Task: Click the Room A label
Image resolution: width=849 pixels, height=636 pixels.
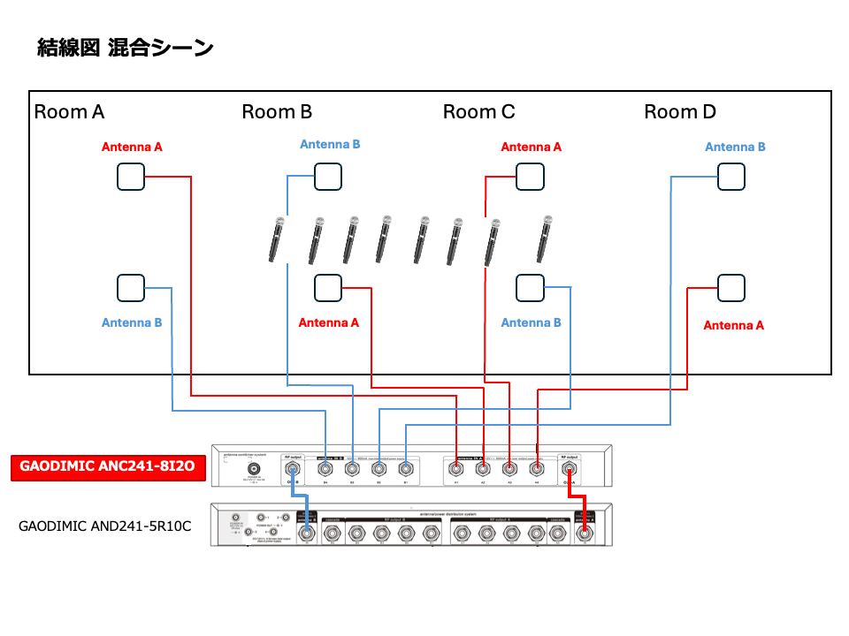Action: point(69,112)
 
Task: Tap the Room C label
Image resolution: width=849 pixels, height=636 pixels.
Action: point(478,112)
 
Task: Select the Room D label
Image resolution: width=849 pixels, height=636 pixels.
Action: point(679,112)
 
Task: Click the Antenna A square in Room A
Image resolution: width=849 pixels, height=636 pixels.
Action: point(131,177)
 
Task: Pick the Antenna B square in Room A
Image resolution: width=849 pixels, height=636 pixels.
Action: point(131,288)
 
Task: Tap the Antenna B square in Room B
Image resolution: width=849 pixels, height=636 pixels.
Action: point(328,177)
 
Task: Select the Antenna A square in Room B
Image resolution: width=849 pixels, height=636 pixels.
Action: point(328,288)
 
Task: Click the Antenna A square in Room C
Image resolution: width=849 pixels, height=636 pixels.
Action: point(530,177)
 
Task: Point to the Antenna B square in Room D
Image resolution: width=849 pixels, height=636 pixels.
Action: point(730,177)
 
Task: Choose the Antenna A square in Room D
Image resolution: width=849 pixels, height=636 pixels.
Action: point(730,288)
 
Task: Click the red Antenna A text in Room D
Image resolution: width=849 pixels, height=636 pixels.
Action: point(733,326)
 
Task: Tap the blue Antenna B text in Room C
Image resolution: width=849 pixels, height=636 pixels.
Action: point(531,323)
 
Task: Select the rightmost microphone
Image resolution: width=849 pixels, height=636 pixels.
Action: point(546,238)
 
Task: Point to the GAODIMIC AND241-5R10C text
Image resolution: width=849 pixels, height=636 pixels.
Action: point(105,526)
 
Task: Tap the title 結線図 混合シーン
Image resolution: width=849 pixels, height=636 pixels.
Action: point(125,48)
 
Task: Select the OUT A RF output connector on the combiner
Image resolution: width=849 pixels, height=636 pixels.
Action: point(570,471)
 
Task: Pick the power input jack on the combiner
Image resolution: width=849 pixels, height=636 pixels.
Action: point(254,469)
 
